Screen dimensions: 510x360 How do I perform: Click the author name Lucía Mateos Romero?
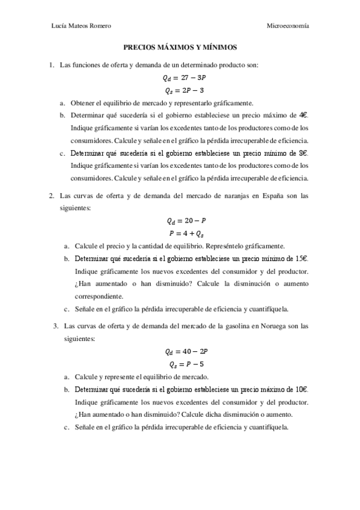82,26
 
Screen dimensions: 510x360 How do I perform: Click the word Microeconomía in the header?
288,26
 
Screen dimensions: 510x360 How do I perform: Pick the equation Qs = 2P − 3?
180,90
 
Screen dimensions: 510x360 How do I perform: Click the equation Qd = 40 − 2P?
180,352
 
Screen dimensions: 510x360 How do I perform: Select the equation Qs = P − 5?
180,364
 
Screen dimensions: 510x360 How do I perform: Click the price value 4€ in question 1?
303,115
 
